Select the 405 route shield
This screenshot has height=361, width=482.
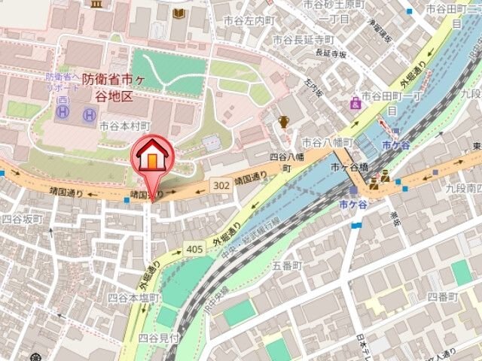click(194, 247)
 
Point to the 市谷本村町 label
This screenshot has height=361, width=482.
click(125, 126)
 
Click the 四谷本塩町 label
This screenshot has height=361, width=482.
click(133, 298)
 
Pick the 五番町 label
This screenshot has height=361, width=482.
click(287, 266)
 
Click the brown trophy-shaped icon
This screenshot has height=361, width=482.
click(284, 121)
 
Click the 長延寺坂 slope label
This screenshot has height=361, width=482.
click(331, 53)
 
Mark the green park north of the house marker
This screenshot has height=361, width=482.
click(168, 71)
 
